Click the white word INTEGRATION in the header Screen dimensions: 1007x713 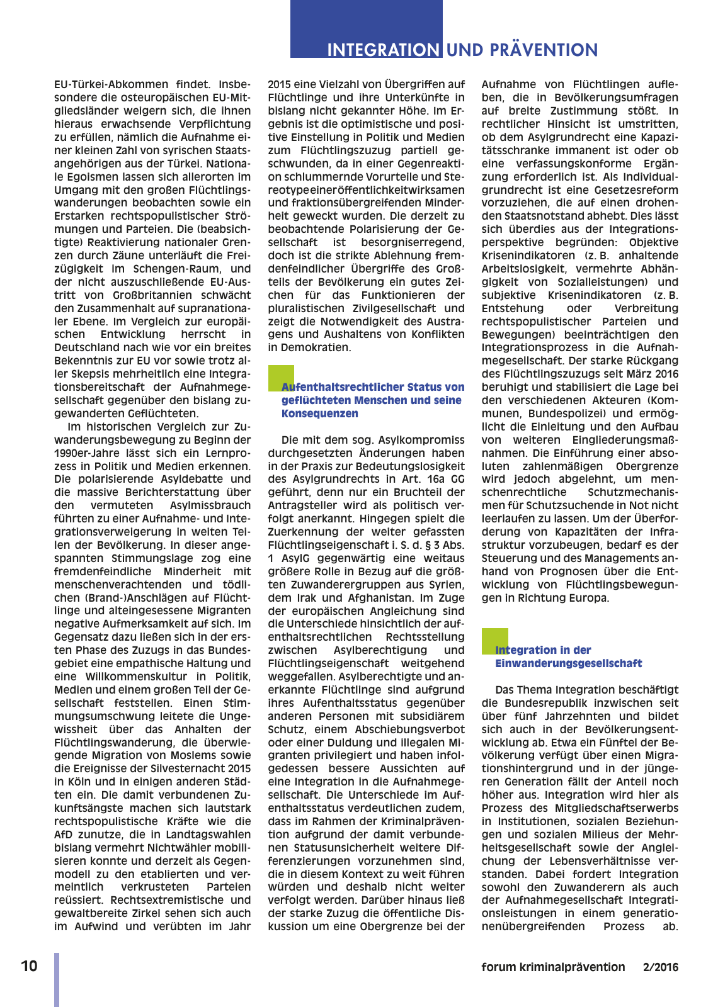[x=383, y=50]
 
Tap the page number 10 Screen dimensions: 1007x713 [x=29, y=966]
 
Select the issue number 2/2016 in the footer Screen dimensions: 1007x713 [x=661, y=967]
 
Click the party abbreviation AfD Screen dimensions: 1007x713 [x=64, y=835]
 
